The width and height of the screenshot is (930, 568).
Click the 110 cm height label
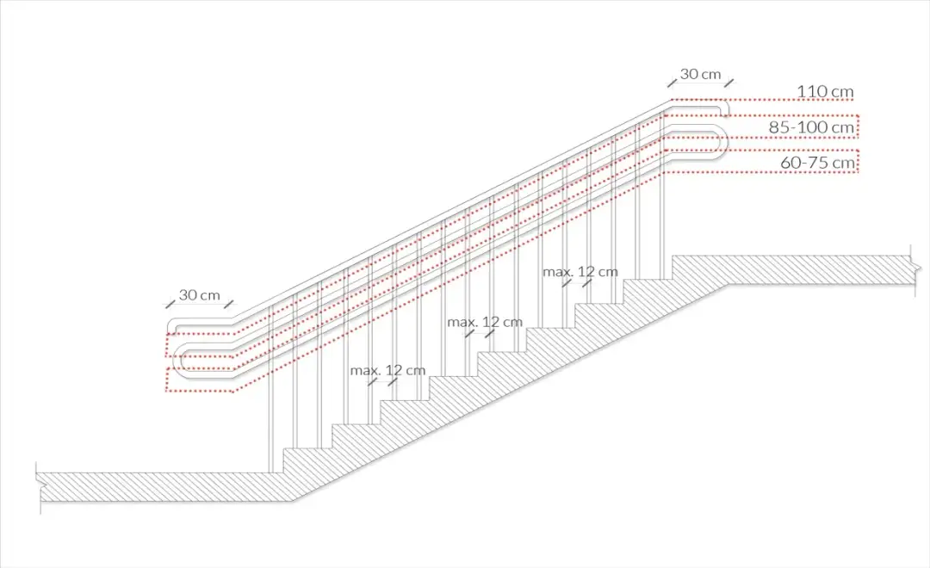(x=825, y=91)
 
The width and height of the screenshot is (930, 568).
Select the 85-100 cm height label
(x=812, y=127)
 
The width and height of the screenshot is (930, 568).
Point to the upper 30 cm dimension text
(x=700, y=74)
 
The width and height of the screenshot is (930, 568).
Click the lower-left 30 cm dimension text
(x=199, y=295)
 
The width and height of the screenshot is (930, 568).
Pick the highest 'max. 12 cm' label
(x=580, y=272)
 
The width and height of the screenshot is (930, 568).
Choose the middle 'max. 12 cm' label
(x=485, y=322)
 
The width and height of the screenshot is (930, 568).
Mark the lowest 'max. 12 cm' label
(x=387, y=371)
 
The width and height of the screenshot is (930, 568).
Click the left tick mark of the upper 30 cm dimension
(x=671, y=83)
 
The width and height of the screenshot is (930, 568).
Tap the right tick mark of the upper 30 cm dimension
(x=729, y=83)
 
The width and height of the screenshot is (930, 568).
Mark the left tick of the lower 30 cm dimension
(x=170, y=304)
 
